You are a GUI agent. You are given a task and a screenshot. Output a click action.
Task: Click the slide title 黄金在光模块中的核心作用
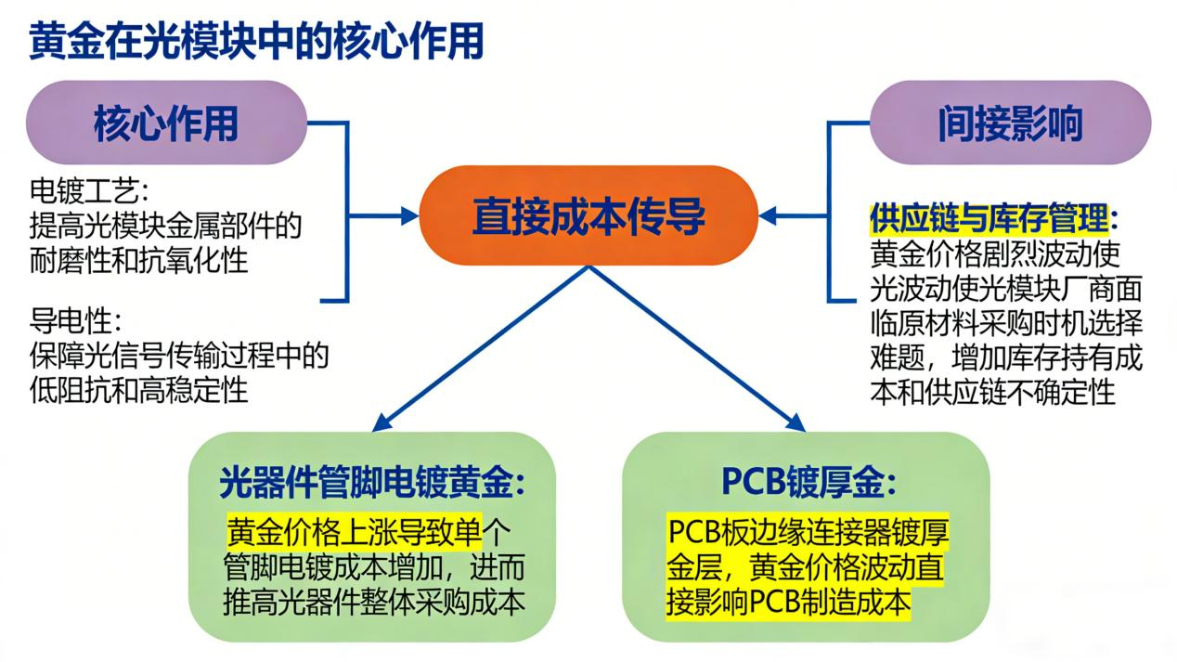(x=256, y=43)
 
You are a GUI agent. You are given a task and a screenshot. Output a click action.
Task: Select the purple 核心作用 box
(x=166, y=123)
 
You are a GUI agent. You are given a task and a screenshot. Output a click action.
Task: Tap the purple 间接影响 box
(x=1009, y=123)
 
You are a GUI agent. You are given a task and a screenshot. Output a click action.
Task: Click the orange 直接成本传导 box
(x=588, y=215)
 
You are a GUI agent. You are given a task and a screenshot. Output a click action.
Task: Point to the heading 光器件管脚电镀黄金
(x=372, y=483)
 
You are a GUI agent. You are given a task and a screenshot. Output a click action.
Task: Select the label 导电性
(x=77, y=321)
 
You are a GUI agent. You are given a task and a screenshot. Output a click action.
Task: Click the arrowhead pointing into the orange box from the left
(x=408, y=215)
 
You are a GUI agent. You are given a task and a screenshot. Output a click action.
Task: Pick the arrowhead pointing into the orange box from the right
(x=770, y=215)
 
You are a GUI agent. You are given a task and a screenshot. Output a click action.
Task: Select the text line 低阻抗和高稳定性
(x=139, y=390)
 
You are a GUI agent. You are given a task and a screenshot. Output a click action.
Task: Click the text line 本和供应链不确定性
(x=992, y=392)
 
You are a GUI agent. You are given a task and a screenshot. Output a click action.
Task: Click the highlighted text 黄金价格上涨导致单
(x=355, y=532)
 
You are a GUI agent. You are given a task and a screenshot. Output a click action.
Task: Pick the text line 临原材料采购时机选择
(x=1006, y=323)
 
